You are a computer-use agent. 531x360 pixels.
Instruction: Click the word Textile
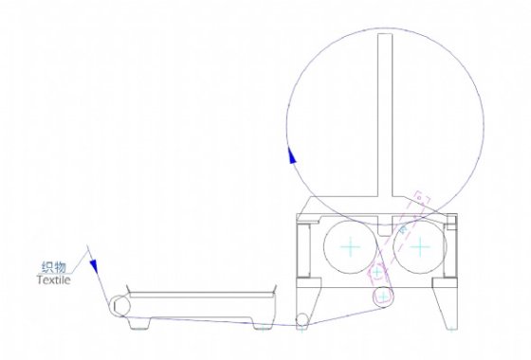tap(54, 279)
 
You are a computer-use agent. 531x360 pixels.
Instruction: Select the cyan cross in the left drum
tap(352, 247)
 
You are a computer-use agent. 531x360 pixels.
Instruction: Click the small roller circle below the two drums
tap(383, 298)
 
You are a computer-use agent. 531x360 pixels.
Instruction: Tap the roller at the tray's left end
tap(120, 304)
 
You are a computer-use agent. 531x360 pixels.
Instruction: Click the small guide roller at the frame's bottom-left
tap(303, 319)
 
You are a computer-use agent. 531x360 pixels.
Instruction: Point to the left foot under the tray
tap(143, 324)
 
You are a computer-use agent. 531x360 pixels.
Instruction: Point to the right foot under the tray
tap(259, 324)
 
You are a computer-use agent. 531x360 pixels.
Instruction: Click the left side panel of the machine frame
tap(304, 251)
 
